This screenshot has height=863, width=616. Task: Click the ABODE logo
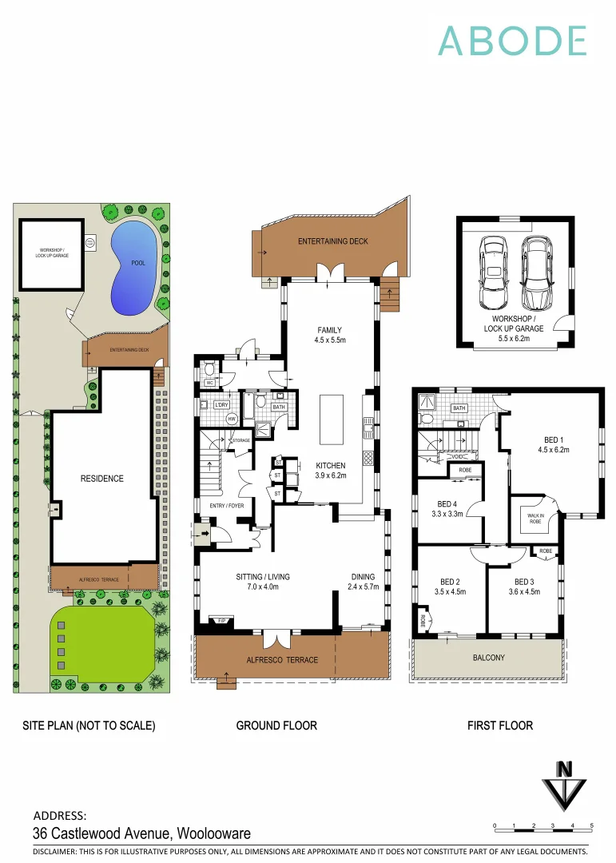click(512, 41)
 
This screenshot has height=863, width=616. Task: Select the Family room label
click(329, 335)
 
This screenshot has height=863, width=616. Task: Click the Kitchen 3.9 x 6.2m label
click(331, 471)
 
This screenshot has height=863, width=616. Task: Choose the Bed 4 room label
click(448, 509)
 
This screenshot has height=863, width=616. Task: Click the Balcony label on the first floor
click(488, 658)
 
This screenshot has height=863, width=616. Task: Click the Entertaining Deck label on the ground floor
click(333, 241)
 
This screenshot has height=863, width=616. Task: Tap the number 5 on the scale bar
click(591, 825)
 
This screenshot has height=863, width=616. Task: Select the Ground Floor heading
click(276, 726)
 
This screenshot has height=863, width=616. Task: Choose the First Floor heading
click(500, 726)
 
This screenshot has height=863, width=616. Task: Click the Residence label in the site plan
click(102, 479)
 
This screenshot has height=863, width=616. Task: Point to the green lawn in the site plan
click(102, 638)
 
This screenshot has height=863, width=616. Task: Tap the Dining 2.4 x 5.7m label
click(363, 581)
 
